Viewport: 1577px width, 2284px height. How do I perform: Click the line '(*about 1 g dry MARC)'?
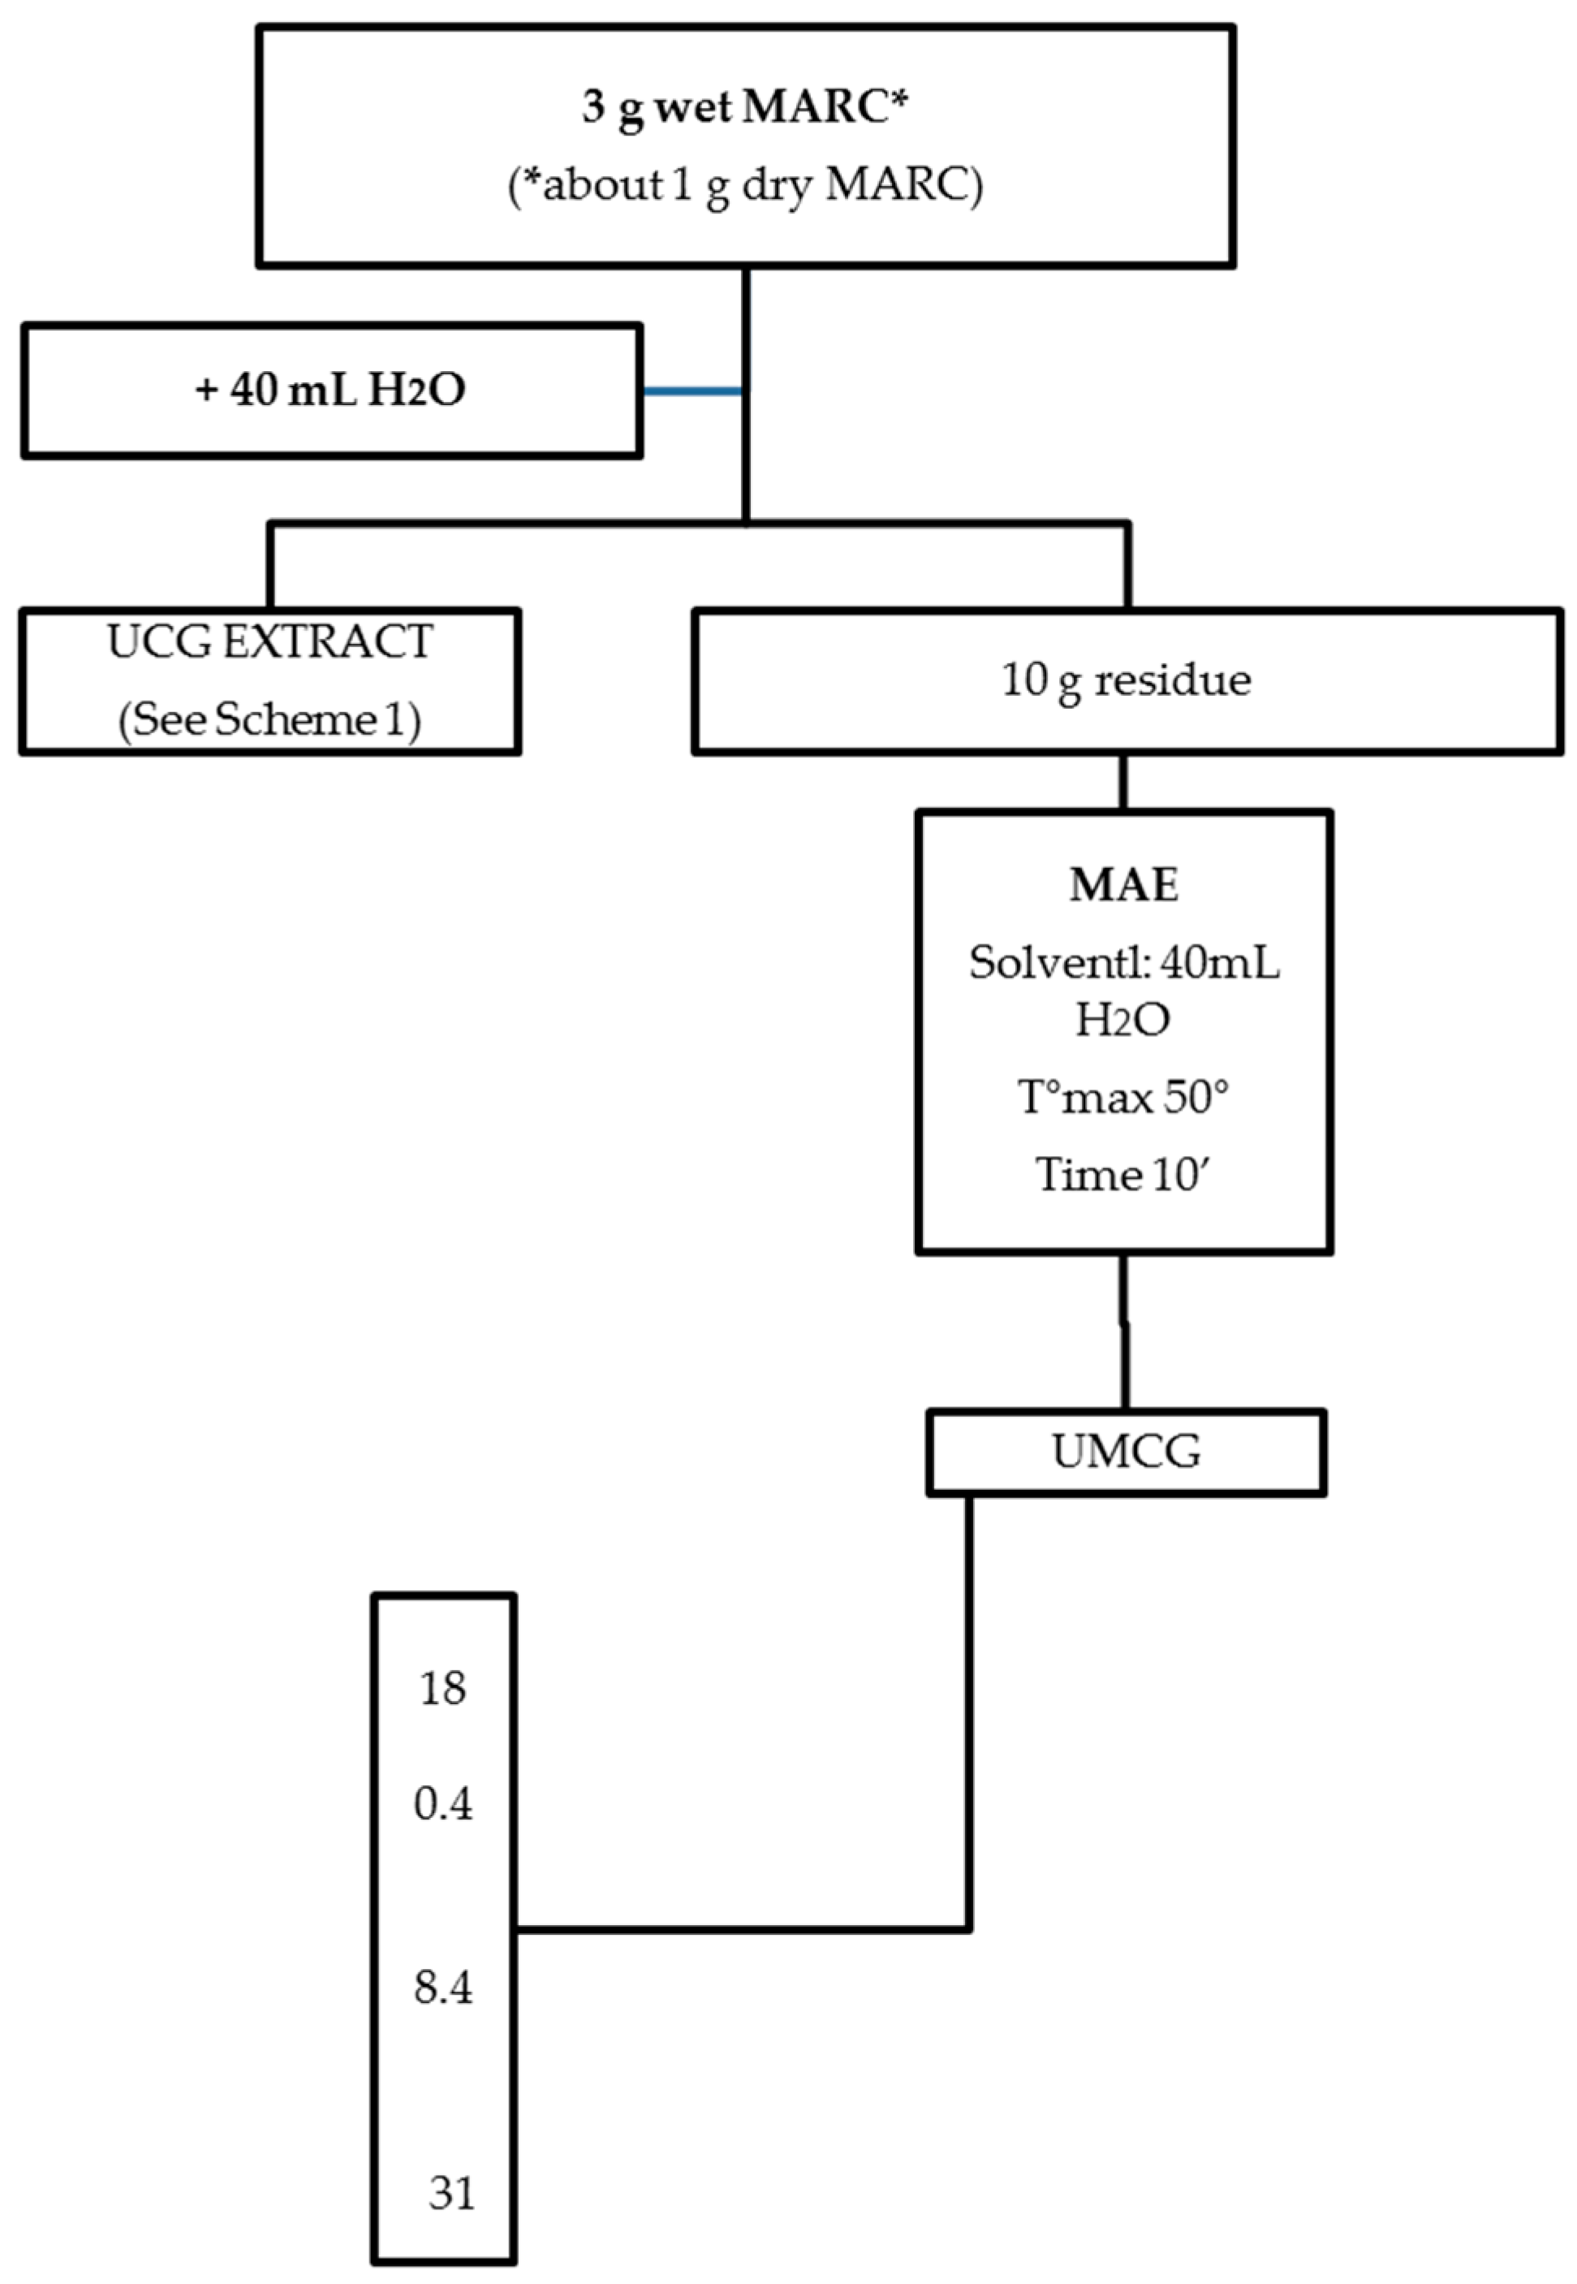(x=745, y=185)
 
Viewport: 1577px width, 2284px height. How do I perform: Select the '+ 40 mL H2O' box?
(x=331, y=391)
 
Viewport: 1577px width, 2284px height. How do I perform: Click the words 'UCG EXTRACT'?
(x=269, y=642)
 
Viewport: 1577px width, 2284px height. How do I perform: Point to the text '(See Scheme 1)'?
(x=269, y=719)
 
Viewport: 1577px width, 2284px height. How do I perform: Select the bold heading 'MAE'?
(x=1123, y=884)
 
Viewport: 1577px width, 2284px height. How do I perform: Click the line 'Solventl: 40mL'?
(x=1123, y=961)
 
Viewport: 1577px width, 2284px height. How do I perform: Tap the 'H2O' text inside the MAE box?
(x=1122, y=1020)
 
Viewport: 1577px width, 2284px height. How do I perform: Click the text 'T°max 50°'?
(x=1123, y=1097)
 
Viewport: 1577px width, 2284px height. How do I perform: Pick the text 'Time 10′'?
(x=1123, y=1175)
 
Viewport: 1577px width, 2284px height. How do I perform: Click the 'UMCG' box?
(x=1126, y=1452)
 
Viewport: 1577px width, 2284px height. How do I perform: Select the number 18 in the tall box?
(x=442, y=1688)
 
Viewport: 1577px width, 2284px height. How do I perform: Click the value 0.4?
(x=442, y=1805)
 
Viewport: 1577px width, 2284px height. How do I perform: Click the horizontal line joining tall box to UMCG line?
(x=741, y=1928)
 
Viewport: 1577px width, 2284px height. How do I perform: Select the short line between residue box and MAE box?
(x=1122, y=783)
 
